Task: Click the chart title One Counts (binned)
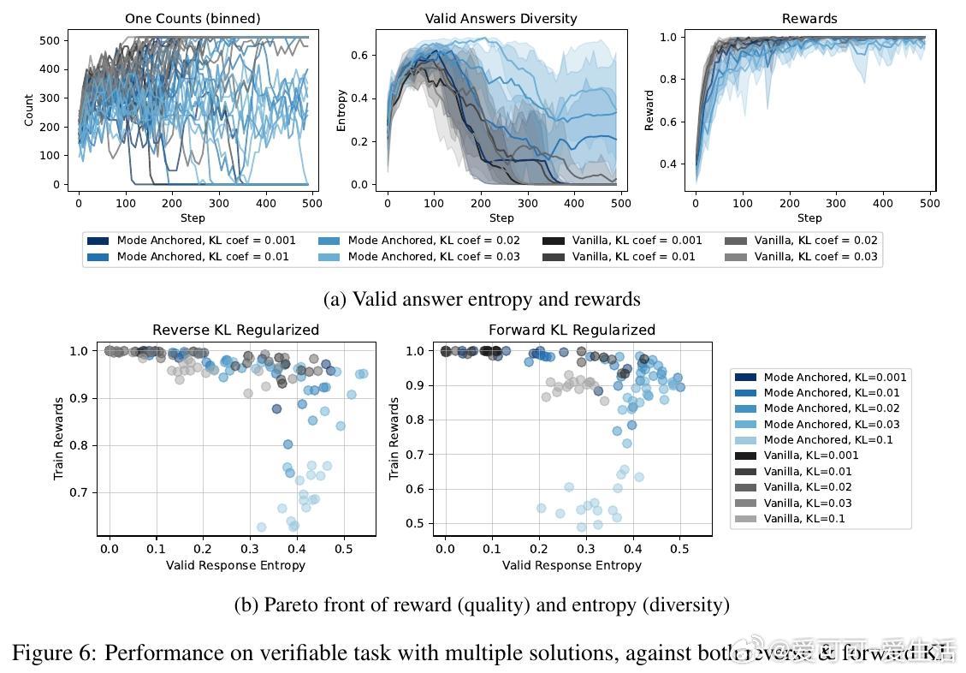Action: click(193, 18)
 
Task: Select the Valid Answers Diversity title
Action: click(501, 18)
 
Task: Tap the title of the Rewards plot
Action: click(809, 18)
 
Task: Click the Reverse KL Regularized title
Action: click(235, 330)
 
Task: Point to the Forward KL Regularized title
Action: click(572, 330)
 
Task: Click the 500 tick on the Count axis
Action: click(52, 40)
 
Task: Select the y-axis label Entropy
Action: click(341, 110)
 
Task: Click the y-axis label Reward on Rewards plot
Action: click(649, 110)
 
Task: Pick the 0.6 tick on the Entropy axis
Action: click(360, 55)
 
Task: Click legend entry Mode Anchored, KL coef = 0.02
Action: click(434, 241)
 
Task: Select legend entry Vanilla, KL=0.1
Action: click(803, 519)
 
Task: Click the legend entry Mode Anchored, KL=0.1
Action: click(827, 440)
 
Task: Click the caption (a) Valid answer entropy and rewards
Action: click(482, 299)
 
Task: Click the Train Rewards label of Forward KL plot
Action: click(394, 438)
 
